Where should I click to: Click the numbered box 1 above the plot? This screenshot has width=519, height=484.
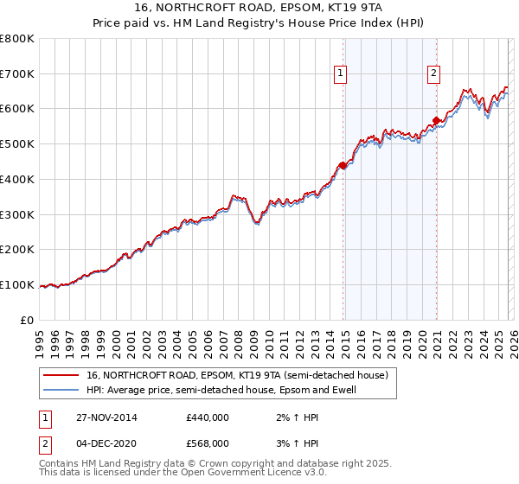click(x=342, y=74)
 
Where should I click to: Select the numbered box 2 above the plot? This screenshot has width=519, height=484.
click(x=432, y=74)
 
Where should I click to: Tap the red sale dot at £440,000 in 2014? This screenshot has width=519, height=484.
click(x=343, y=165)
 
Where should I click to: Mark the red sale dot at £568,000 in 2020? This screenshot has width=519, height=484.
click(x=436, y=120)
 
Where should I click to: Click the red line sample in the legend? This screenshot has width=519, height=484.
click(x=62, y=376)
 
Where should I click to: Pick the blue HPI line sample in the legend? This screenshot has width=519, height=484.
click(x=62, y=391)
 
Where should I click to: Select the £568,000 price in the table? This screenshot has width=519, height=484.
click(x=207, y=443)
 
